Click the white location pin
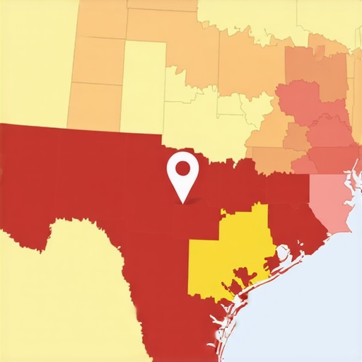(182, 173)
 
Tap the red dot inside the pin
(182, 168)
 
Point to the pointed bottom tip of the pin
(182, 203)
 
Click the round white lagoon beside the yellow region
(283, 252)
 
